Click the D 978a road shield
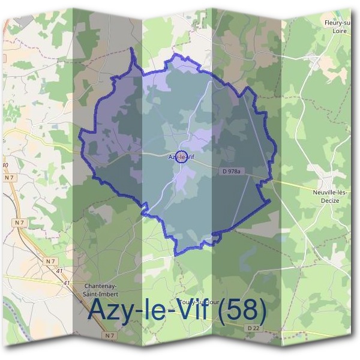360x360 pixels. click(230, 172)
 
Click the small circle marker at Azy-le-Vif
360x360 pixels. click(184, 158)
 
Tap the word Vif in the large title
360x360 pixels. click(193, 310)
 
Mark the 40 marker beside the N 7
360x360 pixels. click(5, 164)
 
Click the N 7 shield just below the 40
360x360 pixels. click(8, 178)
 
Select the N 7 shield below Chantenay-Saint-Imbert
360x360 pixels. click(109, 336)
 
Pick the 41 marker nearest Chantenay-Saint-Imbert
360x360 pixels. click(66, 283)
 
